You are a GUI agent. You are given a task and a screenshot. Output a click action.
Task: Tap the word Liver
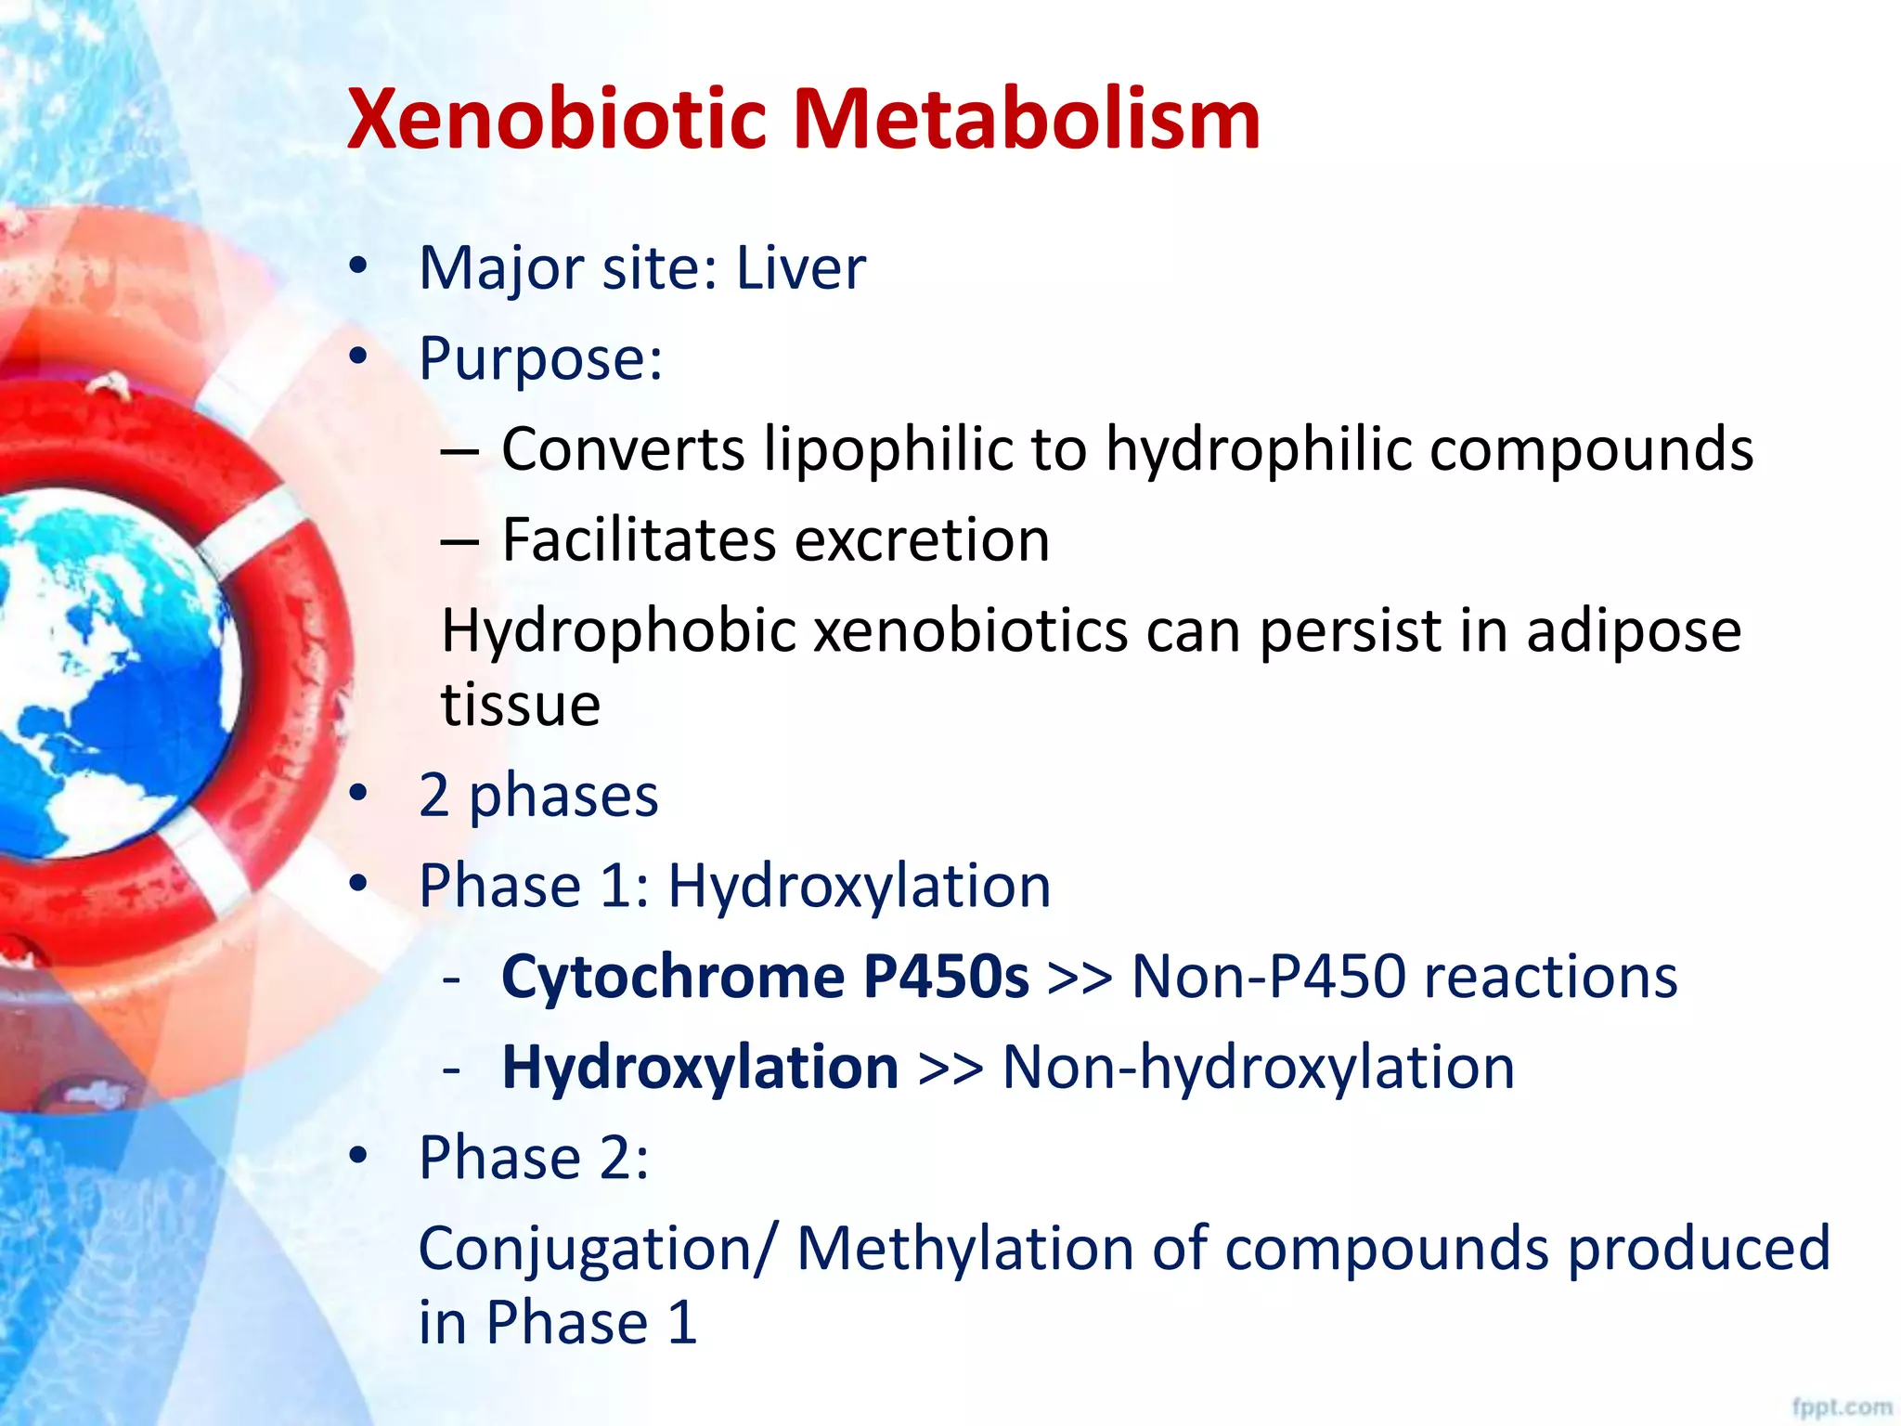coord(800,268)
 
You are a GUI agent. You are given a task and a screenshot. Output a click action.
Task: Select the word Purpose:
coord(540,359)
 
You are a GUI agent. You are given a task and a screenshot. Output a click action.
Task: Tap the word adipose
coord(1634,631)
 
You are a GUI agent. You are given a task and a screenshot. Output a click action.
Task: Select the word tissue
coord(521,705)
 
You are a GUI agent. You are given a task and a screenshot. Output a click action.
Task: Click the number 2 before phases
coord(434,796)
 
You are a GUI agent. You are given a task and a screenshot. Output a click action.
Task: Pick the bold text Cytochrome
coord(673,977)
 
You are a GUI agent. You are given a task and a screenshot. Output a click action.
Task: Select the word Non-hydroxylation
coord(1258,1067)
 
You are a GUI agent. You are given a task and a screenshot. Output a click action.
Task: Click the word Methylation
coord(965,1248)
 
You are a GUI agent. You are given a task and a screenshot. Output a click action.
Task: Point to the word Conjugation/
coord(594,1250)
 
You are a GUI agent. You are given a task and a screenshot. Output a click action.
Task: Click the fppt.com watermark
coord(1842,1407)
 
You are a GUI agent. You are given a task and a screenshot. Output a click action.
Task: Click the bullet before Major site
coord(358,267)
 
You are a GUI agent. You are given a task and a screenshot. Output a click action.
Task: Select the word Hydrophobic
coord(618,631)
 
